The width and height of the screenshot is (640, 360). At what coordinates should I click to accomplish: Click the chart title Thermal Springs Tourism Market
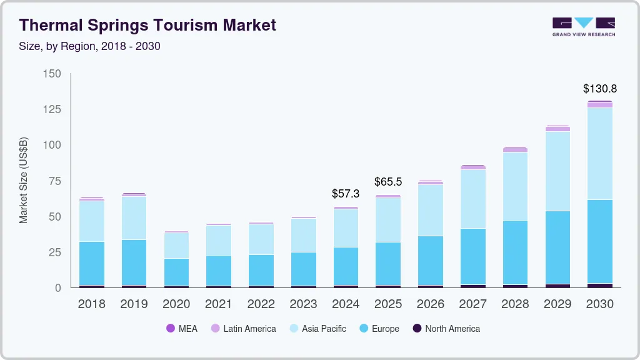[x=147, y=26]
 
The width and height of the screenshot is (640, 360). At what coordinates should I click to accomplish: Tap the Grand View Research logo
[x=583, y=26]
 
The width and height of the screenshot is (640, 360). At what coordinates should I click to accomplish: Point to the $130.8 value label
[x=599, y=89]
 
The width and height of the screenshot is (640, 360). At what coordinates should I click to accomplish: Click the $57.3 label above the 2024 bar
[x=346, y=194]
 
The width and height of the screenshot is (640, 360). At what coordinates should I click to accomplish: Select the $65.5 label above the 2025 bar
[x=388, y=182]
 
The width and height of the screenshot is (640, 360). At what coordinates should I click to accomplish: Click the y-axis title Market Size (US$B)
[x=24, y=180]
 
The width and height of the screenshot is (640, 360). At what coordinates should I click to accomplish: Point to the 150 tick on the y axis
[x=52, y=74]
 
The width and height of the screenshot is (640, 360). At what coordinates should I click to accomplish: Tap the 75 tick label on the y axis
[x=55, y=181]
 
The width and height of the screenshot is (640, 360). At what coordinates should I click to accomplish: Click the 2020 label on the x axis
[x=176, y=304]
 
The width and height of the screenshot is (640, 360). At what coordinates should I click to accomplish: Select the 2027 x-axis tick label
[x=472, y=304]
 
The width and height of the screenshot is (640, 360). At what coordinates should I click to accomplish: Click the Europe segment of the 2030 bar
[x=600, y=241]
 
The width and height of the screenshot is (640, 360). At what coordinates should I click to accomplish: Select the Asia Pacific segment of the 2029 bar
[x=557, y=171]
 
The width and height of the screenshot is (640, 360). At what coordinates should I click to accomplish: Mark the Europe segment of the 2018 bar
[x=92, y=263]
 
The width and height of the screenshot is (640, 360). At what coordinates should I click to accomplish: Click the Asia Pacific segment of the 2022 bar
[x=261, y=239]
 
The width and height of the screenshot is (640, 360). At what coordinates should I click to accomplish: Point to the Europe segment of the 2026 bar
[x=431, y=260]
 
